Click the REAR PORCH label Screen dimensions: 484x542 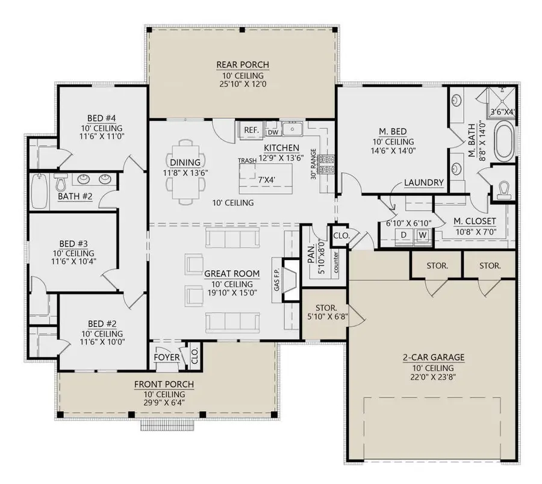point(242,65)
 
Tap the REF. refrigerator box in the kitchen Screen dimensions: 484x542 point(250,129)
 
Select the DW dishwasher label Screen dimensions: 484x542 point(272,132)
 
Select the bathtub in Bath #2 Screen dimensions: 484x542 point(39,191)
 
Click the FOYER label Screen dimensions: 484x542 point(167,356)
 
